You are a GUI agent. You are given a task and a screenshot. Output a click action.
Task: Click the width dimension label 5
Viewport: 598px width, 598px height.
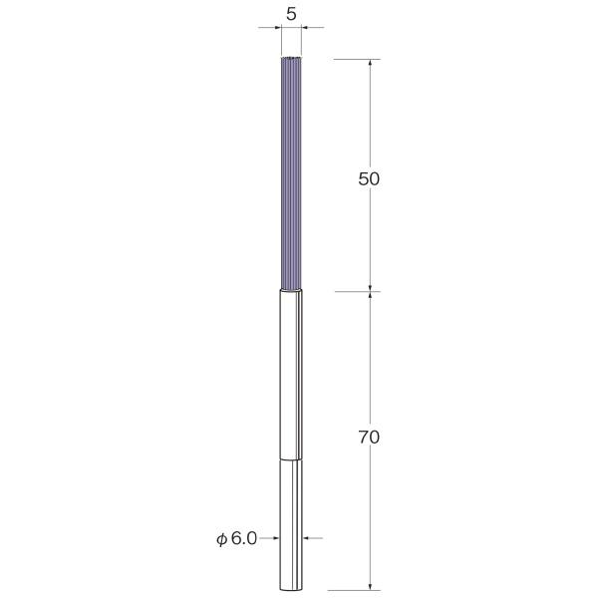[x=291, y=15]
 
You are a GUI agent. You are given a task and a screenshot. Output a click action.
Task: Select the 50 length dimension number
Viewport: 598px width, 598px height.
[x=369, y=178]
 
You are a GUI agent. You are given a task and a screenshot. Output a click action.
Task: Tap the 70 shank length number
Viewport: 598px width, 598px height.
[x=369, y=438]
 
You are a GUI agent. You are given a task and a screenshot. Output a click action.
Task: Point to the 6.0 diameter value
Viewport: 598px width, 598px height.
[x=244, y=538]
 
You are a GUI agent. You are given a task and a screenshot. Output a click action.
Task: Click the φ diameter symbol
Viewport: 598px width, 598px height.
[x=222, y=539]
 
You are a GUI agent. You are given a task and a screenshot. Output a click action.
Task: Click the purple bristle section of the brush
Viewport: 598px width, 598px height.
[x=291, y=173]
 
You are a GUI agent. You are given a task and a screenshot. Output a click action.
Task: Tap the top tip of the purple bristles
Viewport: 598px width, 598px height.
[x=291, y=57]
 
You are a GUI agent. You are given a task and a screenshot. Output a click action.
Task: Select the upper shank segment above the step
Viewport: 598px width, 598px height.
[x=291, y=375]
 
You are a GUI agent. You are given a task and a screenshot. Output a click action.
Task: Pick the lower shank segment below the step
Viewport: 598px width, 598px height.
[x=291, y=525]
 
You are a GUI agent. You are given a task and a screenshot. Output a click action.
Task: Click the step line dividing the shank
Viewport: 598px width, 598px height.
[x=291, y=459]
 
